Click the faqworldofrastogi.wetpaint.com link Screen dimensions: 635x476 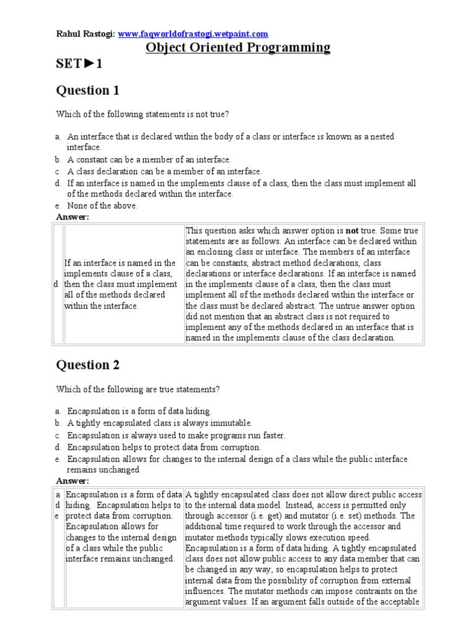tap(193, 33)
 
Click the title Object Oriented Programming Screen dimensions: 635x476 tap(237, 48)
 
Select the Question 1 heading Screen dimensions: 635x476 tap(87, 91)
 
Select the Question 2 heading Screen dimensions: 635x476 tap(88, 365)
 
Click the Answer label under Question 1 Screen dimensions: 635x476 tap(73, 216)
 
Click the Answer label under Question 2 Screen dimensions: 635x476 tap(73, 481)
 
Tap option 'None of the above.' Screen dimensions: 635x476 tap(102, 206)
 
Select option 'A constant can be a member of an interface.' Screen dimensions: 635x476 tap(149, 159)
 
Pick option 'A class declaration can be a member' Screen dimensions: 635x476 tap(164, 171)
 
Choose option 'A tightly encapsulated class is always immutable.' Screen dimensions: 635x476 tap(159, 423)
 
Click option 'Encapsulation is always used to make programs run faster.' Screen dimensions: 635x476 tap(176, 435)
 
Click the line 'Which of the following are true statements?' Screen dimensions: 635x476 tap(138, 389)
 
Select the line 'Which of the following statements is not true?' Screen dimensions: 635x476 tap(142, 114)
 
